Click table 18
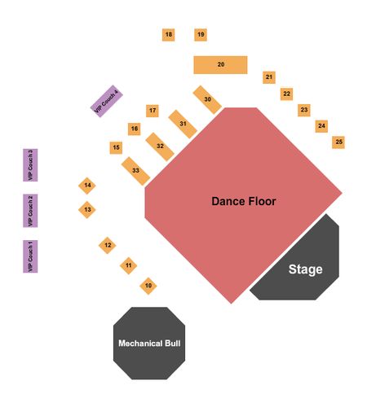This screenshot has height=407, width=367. [x=168, y=35]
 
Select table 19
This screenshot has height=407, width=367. [x=201, y=35]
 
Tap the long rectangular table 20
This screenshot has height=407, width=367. [x=220, y=65]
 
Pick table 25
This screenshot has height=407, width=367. [x=338, y=142]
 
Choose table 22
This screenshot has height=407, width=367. [x=286, y=94]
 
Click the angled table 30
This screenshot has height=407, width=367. [x=207, y=100]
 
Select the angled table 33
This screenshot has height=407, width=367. [x=135, y=171]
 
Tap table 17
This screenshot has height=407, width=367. [x=153, y=111]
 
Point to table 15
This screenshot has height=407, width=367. [x=116, y=147]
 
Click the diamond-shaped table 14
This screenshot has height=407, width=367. [x=87, y=186]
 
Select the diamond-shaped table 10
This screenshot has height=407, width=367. [x=148, y=286]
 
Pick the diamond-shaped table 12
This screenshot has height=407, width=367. [x=108, y=245]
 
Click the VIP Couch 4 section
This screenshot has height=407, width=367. [x=107, y=101]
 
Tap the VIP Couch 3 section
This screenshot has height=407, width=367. [x=30, y=165]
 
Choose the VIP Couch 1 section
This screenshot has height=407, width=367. [x=30, y=256]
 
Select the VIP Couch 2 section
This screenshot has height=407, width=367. [x=30, y=211]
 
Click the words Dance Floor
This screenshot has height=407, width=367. [x=244, y=201]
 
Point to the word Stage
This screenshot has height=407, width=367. [x=305, y=269]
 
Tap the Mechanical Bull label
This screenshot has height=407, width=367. [x=149, y=344]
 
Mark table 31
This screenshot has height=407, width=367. [x=183, y=124]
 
